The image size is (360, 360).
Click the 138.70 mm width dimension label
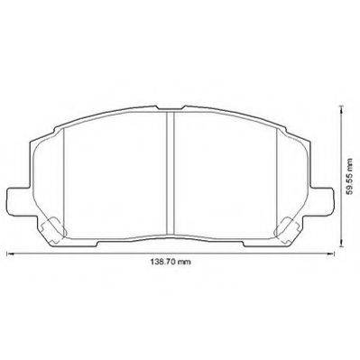pos(171,262)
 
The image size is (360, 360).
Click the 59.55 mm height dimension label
pos(349,177)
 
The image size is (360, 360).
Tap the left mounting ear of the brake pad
pos(18,201)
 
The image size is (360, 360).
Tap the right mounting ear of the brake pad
pos(321,201)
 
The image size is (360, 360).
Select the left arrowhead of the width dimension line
pos(10,254)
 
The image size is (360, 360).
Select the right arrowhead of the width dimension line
pos(330,254)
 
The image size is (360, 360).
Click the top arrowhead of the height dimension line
pos(341,109)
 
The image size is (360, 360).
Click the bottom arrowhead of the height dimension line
pos(341,243)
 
